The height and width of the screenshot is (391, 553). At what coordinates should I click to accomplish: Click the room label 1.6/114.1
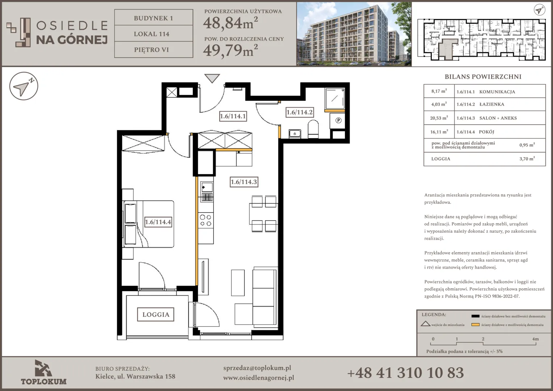click(233, 116)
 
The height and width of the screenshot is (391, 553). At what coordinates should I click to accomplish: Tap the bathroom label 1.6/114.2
click(299, 112)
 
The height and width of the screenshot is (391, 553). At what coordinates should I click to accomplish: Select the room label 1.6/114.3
click(244, 182)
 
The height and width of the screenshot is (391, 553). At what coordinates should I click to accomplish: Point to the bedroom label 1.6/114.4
click(158, 222)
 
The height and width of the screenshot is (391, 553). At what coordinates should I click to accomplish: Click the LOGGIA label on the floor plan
click(156, 315)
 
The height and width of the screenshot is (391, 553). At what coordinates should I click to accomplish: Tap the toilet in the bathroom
click(313, 129)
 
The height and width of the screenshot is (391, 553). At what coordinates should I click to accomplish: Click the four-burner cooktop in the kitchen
click(206, 220)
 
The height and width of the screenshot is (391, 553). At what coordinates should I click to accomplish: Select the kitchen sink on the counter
click(207, 187)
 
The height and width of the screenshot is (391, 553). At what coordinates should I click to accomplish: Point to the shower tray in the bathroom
click(335, 99)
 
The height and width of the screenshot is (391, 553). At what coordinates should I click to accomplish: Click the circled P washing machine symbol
click(338, 120)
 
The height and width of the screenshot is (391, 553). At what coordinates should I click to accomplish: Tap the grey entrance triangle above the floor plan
click(212, 78)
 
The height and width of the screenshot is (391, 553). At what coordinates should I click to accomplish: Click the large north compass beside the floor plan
click(24, 86)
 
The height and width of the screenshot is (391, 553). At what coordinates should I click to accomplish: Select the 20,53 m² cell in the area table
click(439, 118)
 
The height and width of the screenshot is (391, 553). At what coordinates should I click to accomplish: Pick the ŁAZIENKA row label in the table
click(491, 104)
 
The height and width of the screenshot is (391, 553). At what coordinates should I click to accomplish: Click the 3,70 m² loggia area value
click(527, 159)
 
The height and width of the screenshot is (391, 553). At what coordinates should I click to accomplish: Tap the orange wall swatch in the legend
click(475, 324)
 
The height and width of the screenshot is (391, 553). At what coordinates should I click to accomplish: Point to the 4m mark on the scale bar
click(535, 339)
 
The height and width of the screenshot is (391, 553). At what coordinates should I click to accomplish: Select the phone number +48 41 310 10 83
click(405, 373)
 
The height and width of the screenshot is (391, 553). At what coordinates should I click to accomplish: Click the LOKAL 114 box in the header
click(153, 34)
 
